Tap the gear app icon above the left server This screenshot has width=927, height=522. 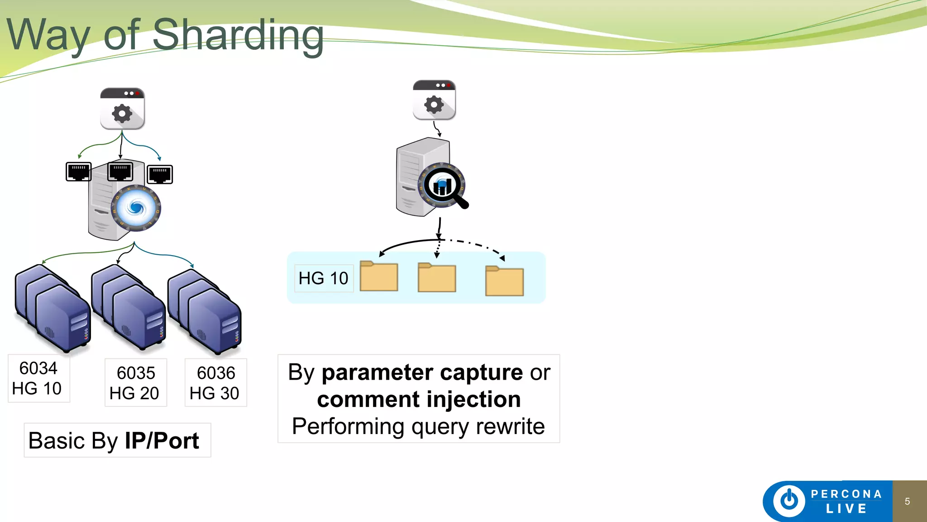point(122,109)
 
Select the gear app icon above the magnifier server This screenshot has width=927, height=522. point(434,101)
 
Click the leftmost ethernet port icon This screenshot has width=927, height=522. point(78,172)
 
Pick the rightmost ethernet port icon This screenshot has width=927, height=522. point(160,174)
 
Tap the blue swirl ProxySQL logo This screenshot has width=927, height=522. point(136,208)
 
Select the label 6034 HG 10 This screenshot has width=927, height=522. point(38,378)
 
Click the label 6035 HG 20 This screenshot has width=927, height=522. point(135,383)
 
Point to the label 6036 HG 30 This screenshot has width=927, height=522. point(215,383)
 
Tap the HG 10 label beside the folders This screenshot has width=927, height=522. point(323,278)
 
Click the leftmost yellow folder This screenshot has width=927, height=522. point(379,276)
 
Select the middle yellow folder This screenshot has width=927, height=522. point(436,278)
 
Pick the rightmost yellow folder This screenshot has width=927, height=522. point(504,281)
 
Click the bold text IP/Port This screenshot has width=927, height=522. point(162,441)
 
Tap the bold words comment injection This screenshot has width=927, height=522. point(419,400)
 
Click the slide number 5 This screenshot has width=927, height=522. point(907,502)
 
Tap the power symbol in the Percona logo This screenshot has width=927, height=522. point(789,501)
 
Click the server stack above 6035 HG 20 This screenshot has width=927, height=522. point(129,308)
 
